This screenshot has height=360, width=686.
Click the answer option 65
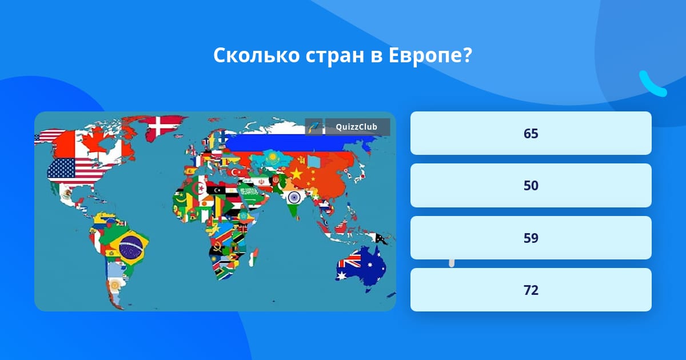click(531, 133)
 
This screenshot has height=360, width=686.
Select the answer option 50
click(531, 186)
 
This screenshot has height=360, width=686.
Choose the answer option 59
click(531, 238)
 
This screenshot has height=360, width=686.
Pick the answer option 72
click(531, 290)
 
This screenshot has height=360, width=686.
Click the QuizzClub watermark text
click(356, 127)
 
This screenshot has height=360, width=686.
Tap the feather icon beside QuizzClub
click(314, 127)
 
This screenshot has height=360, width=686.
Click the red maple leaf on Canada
click(84, 143)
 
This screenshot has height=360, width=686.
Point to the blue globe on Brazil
click(130, 246)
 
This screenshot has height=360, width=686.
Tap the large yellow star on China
click(297, 173)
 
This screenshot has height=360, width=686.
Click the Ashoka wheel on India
click(294, 198)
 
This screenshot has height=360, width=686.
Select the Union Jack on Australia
click(348, 263)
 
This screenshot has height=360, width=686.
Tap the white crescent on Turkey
click(234, 172)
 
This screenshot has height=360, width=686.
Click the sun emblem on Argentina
click(114, 284)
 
